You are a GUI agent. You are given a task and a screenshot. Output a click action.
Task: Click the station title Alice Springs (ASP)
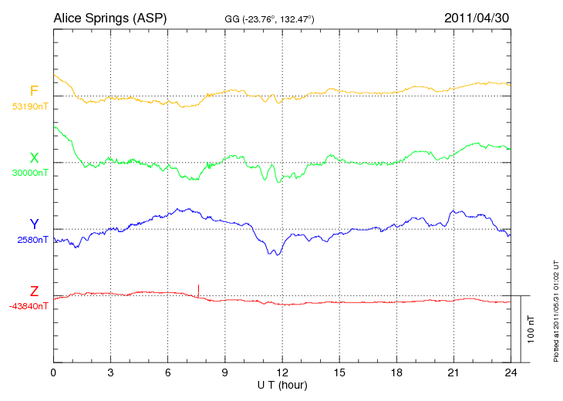110,17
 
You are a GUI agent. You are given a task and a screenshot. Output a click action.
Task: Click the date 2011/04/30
477,17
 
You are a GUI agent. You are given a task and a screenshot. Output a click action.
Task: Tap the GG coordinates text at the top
263,18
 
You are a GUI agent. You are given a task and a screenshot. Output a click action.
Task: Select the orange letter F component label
34,92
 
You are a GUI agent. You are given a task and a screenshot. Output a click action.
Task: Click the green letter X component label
34,158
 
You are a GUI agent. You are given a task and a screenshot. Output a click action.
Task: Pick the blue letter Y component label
34,224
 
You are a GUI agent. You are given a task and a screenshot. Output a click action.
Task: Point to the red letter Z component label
34,291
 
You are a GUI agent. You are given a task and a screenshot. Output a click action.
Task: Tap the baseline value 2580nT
32,240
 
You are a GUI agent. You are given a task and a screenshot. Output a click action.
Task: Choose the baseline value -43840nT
29,306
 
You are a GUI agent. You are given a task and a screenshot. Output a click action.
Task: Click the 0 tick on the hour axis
53,372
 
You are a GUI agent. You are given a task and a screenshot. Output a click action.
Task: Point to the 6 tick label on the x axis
167,372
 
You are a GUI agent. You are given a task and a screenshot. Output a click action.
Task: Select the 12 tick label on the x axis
281,372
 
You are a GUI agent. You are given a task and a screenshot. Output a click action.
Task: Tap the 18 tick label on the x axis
396,372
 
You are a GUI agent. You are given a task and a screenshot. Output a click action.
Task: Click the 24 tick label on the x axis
510,372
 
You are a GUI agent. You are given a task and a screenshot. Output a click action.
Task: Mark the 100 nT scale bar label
531,329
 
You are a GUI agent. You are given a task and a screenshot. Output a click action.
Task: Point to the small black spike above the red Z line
198,290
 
